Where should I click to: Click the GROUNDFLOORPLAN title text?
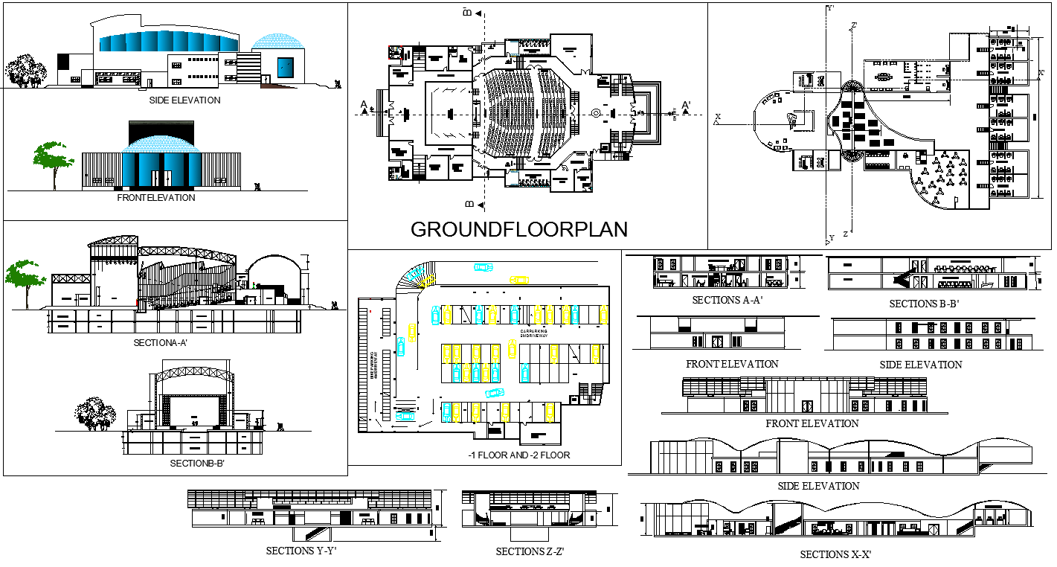click(x=519, y=229)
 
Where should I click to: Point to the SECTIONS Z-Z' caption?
click(x=530, y=551)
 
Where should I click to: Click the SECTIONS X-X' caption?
click(x=835, y=554)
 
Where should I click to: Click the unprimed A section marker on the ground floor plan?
click(x=364, y=104)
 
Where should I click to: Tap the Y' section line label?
click(x=831, y=8)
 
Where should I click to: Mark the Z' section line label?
click(x=855, y=25)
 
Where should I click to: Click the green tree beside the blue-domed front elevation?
click(x=53, y=160)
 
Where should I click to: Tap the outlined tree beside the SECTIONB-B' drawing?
click(x=95, y=413)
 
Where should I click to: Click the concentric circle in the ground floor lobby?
click(x=596, y=112)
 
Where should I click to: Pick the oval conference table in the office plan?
click(x=884, y=76)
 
